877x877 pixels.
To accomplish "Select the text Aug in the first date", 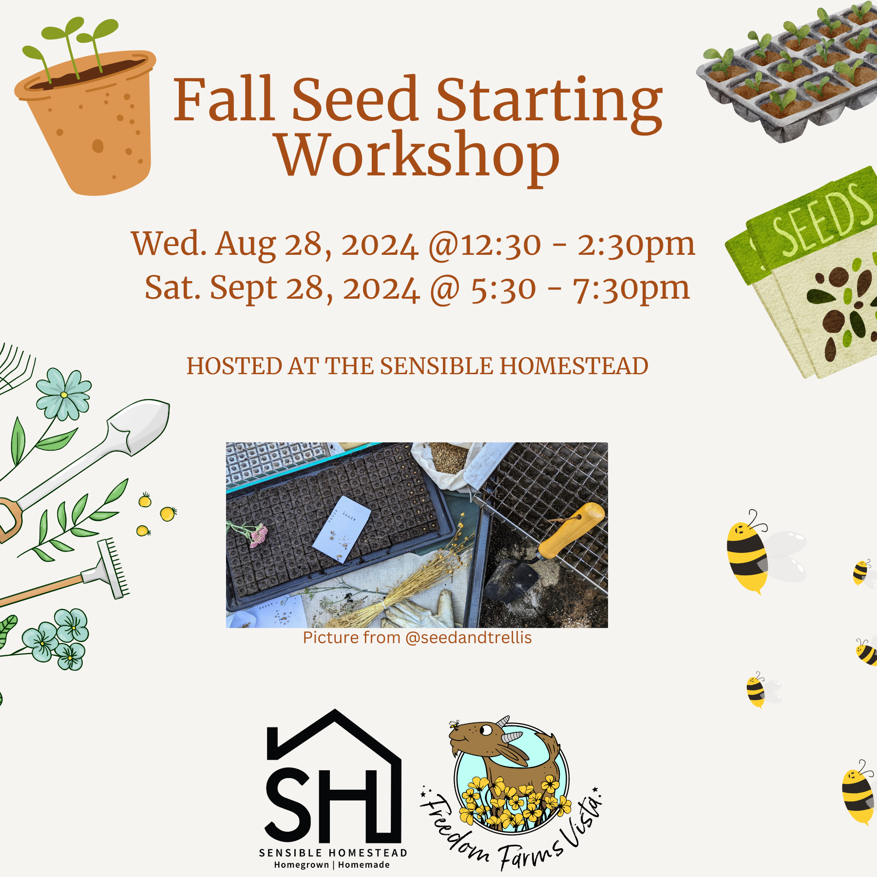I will (246, 244).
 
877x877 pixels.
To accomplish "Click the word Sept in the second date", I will (243, 288).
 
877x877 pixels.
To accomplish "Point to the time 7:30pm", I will (631, 288).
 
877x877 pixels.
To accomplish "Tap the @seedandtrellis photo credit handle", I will (468, 638).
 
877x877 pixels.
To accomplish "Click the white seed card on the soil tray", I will (342, 529).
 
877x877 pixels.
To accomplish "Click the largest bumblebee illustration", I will (748, 553).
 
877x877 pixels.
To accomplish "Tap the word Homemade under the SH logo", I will (364, 865).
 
